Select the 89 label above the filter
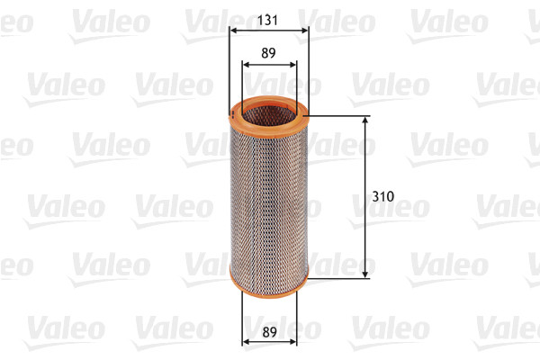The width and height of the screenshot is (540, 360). tap(269, 52)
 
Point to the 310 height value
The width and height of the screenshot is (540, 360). tap(382, 194)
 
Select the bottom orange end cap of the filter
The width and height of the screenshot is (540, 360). tap(268, 285)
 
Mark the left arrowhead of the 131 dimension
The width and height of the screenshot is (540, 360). tap(233, 30)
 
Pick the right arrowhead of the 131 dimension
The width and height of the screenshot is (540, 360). tap(304, 30)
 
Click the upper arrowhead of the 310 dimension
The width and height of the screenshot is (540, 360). tap(365, 121)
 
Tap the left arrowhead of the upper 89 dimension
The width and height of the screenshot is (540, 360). tap(247, 65)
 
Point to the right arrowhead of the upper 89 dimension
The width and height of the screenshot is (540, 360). tap(292, 65)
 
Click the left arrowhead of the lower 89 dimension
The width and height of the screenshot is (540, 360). tap(247, 341)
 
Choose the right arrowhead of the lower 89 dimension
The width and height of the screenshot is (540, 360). tap(292, 341)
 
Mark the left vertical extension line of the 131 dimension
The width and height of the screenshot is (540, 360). tap(229, 72)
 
